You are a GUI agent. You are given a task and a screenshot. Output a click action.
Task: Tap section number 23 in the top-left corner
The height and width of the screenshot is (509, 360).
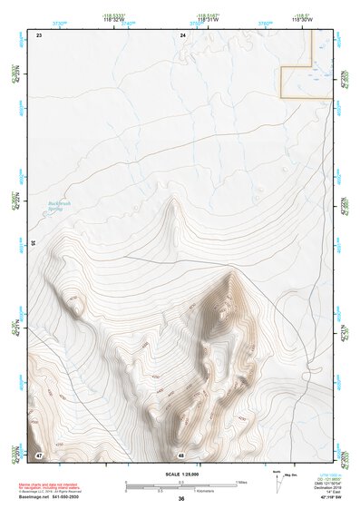point(39,34)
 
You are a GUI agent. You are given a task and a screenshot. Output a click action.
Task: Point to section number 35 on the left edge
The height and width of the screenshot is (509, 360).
point(33,242)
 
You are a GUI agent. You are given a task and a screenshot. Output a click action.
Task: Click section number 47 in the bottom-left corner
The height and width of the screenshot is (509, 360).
point(39,454)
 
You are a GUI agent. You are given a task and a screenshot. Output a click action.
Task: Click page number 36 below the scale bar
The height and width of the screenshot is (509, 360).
point(181,499)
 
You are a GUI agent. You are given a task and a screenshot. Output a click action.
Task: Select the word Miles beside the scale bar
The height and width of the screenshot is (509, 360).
point(241,481)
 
